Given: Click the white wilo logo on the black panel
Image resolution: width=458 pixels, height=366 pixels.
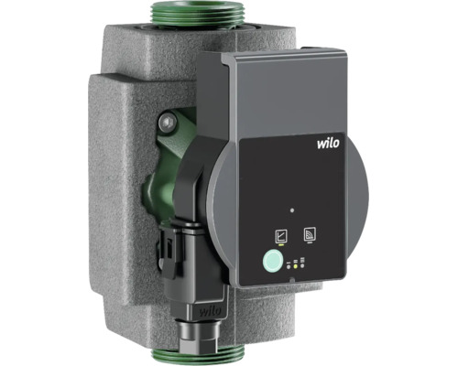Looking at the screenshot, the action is (x=328, y=143).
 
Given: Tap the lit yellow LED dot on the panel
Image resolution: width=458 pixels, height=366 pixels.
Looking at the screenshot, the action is (x=295, y=266).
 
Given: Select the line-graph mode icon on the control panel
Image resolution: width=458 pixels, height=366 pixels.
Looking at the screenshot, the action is (x=281, y=236).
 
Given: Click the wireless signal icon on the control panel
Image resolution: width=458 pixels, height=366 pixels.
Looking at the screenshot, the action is (x=310, y=234).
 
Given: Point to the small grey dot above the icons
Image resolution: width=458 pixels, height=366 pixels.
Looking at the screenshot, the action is (x=292, y=210).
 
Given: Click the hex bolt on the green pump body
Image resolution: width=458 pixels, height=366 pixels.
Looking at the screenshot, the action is (x=168, y=123).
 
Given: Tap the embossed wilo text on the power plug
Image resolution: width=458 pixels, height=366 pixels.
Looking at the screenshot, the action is (x=211, y=311).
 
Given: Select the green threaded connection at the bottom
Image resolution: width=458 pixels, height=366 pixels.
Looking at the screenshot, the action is (x=197, y=356).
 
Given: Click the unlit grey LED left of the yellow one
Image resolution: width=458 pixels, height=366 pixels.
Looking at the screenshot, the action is (x=289, y=266).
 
